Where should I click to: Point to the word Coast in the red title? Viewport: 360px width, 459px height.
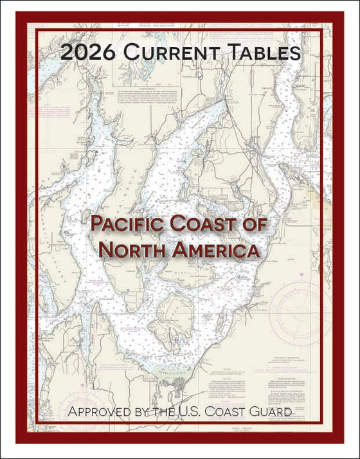206,226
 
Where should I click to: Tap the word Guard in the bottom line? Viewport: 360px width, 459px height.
276,410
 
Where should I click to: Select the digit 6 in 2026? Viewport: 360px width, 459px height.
107,53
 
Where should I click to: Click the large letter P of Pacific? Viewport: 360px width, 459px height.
97,226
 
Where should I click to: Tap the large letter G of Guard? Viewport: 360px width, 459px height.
263,410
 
